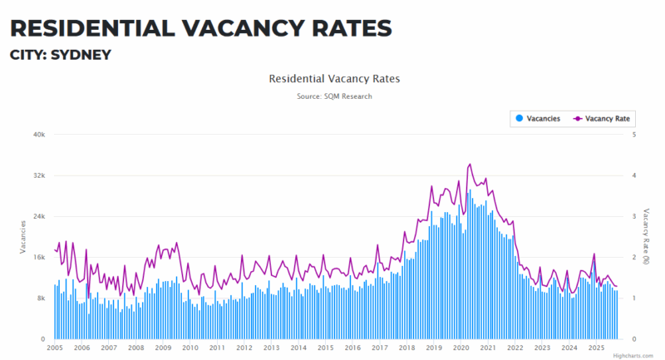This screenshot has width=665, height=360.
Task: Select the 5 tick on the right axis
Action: tap(635, 135)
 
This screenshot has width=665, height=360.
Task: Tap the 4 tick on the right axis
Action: tap(635, 175)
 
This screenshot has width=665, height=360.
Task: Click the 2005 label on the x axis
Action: tap(55, 348)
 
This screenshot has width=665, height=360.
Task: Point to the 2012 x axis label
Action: tap(244, 348)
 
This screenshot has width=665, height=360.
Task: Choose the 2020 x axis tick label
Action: tap(461, 348)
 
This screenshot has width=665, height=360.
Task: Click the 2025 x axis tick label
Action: tap(596, 348)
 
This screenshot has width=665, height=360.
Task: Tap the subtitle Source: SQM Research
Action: tap(334, 96)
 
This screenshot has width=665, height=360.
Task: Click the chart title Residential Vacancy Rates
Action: tap(334, 79)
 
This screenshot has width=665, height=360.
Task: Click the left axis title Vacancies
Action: tap(22, 237)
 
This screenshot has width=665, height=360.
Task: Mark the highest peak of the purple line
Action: tap(470, 165)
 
